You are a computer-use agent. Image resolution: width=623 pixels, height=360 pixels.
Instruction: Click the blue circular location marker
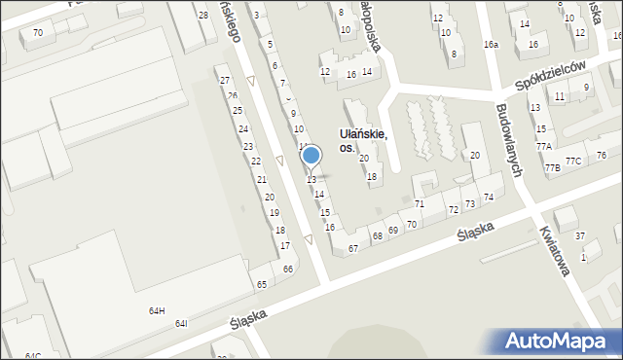coord(311,155)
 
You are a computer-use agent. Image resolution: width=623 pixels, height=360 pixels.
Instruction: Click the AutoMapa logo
coord(558,341)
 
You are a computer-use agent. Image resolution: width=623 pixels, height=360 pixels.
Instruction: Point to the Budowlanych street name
coord(508,140)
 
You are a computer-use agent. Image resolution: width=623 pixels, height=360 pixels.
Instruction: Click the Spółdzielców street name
coord(555,76)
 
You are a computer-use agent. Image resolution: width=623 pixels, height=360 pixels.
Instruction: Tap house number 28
coord(202,16)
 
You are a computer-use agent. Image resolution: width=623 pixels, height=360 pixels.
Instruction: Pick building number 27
coord(224,81)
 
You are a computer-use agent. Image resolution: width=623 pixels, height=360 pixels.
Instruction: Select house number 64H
coord(156,310)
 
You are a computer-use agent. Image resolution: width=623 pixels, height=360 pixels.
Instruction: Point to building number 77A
coord(543,146)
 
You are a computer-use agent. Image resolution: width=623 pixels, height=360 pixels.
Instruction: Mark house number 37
coord(580,236)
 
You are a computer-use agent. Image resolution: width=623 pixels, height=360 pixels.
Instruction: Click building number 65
coord(262,284)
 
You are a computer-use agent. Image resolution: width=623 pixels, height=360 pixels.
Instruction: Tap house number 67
coord(353,249)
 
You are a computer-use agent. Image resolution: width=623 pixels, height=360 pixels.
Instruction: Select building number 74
coord(489,198)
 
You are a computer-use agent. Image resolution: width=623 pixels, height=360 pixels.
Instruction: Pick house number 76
coord(602,156)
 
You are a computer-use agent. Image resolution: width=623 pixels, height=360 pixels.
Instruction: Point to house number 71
coord(420,204)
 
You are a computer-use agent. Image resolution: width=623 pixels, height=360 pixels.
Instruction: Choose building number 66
coord(288,270)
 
